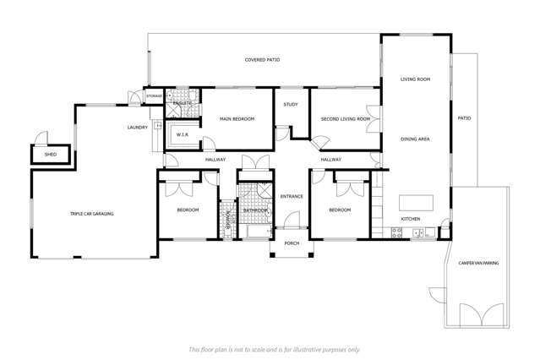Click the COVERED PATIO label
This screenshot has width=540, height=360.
[262, 60]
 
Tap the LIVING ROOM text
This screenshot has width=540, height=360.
[416, 79]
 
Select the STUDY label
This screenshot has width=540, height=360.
[291, 105]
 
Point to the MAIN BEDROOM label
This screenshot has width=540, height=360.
[237, 119]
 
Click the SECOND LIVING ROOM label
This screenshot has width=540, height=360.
[346, 119]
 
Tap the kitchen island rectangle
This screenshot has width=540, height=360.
[416, 203]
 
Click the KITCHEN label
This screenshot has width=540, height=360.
[410, 219]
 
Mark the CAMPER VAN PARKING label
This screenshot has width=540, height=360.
[478, 264]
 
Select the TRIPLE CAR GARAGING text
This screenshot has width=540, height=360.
[91, 214]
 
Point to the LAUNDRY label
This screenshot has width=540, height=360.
[138, 128]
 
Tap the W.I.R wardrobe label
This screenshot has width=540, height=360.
[182, 134]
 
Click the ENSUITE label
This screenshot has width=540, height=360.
[183, 102]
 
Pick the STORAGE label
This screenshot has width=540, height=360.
[154, 96]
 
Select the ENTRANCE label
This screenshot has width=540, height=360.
[291, 196]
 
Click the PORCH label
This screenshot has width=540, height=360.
[292, 243]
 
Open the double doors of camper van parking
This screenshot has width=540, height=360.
[477, 315]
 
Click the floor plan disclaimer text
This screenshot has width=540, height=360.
[275, 349]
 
